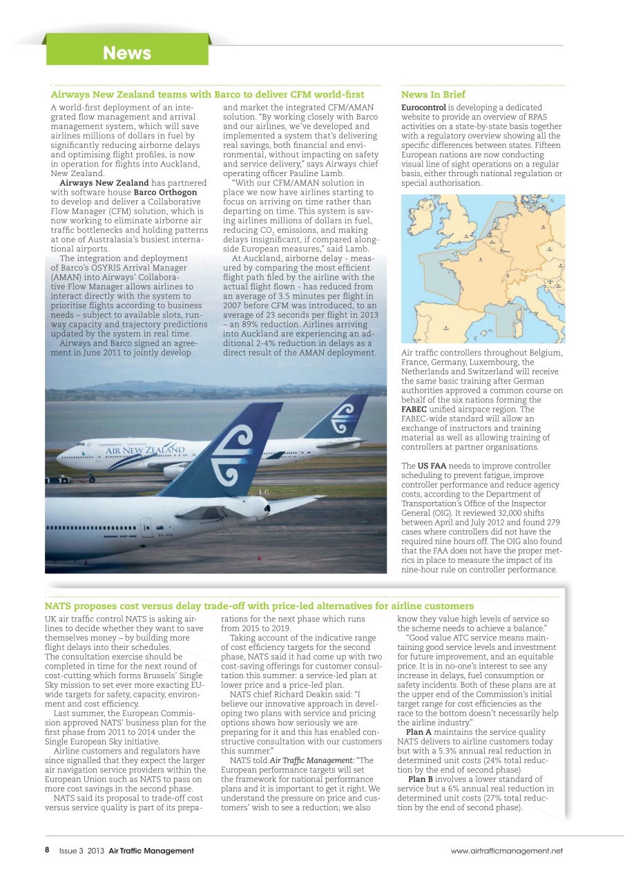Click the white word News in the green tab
[x=126, y=53]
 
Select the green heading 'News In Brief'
[x=433, y=94]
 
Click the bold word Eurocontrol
[x=423, y=108]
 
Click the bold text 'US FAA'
[x=432, y=465]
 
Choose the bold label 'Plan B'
[x=421, y=778]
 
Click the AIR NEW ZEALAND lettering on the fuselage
[x=145, y=450]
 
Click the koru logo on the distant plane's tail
[x=343, y=417]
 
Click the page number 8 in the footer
[x=47, y=850]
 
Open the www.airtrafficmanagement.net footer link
[x=507, y=851]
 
